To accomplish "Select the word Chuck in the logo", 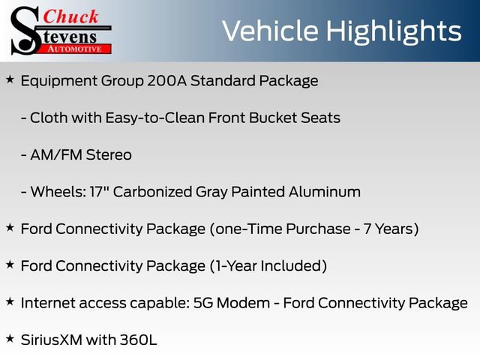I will pyautogui.click(x=73, y=16).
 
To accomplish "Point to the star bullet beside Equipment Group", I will pyautogui.click(x=10, y=79).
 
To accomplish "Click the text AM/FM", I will pyautogui.click(x=55, y=155).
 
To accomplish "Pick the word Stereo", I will pyautogui.click(x=107, y=155).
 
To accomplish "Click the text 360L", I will pyautogui.click(x=138, y=340).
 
